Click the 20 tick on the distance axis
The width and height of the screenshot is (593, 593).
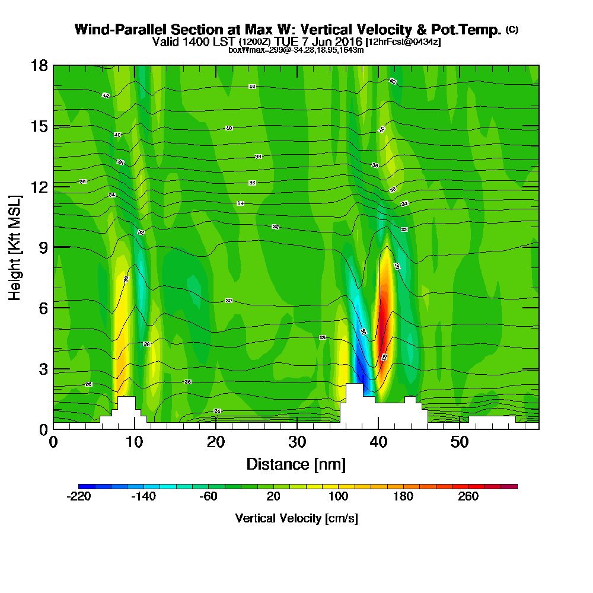click(x=216, y=442)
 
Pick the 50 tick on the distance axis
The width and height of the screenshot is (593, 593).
click(x=460, y=442)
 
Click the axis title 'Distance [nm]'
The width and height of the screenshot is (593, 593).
click(x=296, y=464)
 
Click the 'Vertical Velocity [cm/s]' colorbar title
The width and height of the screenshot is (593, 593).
click(x=296, y=518)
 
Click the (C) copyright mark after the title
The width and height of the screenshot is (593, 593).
click(x=512, y=30)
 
